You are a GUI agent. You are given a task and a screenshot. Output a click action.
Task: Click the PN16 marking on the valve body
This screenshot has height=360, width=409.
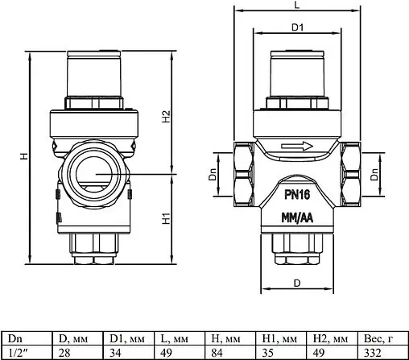click(298, 193)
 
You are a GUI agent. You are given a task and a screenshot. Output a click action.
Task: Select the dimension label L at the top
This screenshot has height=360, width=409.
click(298, 6)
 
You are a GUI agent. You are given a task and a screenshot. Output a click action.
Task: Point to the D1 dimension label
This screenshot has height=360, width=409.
click(297, 27)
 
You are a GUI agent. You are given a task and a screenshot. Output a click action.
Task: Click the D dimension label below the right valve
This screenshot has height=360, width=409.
click(297, 283)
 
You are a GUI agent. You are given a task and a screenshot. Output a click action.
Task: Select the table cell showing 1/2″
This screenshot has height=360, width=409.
click(24, 352)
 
